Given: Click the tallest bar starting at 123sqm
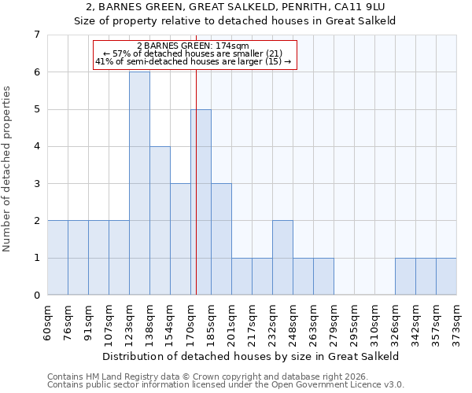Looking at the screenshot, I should click(139, 183).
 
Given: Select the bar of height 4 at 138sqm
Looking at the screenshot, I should click(160, 220).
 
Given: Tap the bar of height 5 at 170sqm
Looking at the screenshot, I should click(201, 202).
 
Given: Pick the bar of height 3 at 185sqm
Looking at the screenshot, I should click(221, 239).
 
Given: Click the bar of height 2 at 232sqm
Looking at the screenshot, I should click(282, 258).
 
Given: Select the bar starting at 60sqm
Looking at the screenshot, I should click(57, 258).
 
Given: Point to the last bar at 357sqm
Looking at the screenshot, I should click(446, 276).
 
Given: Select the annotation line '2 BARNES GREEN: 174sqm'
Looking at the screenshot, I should click(193, 46).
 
